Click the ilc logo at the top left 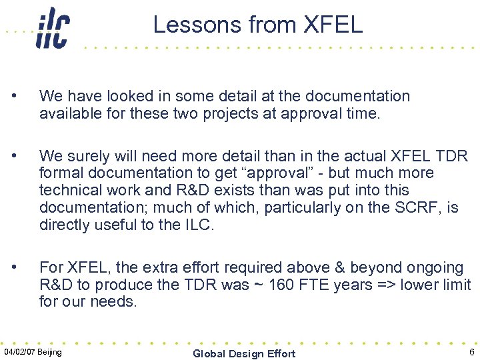53,28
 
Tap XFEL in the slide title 333,25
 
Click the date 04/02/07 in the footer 19,352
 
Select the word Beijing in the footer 51,352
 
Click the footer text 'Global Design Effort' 244,353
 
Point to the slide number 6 471,352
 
